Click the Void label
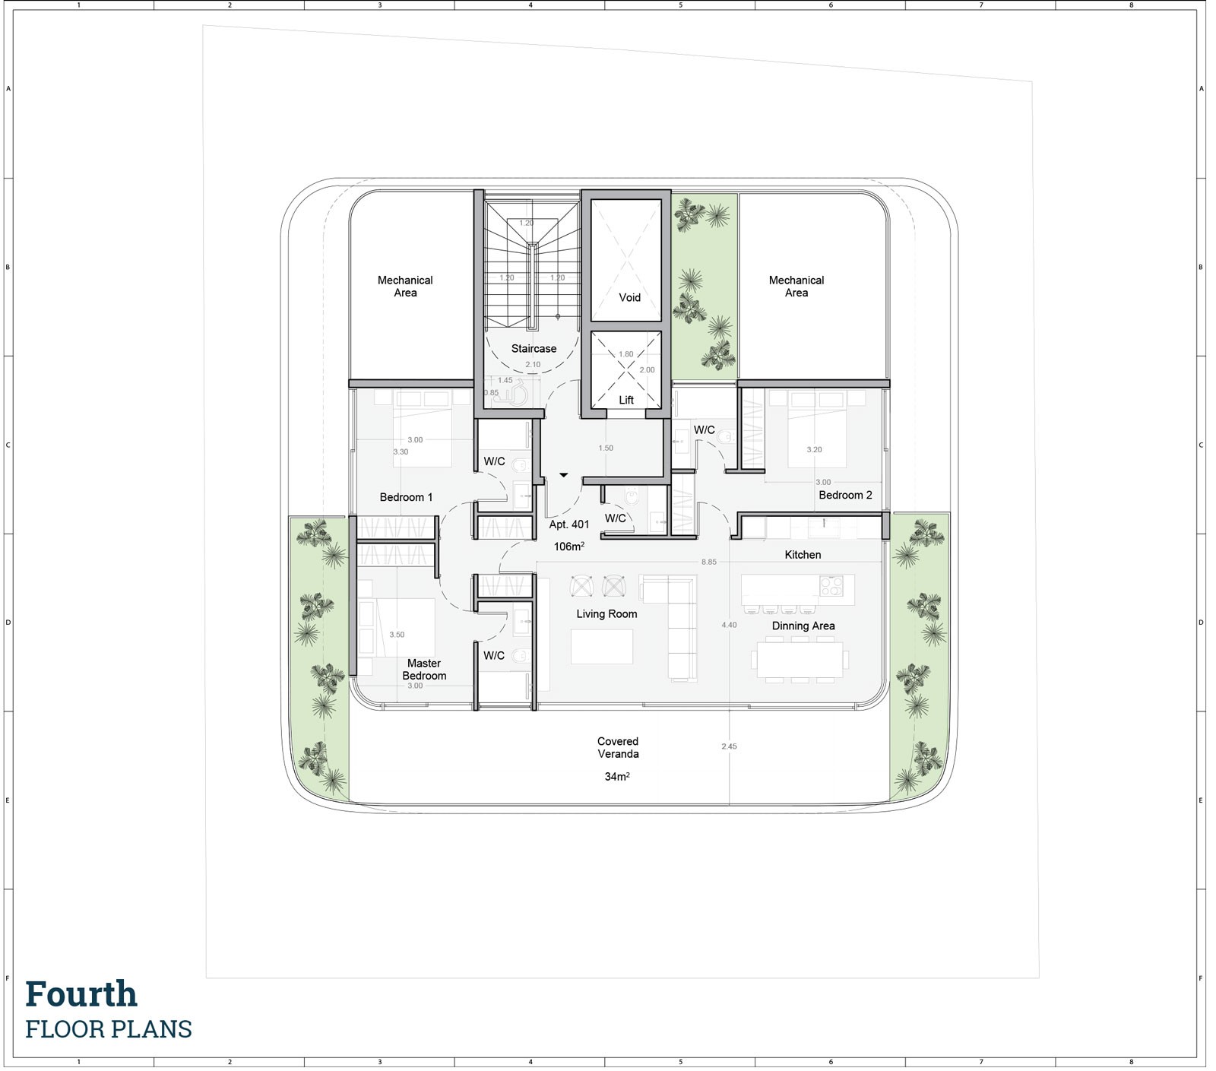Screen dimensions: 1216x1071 (x=629, y=297)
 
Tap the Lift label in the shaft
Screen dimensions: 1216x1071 (x=625, y=400)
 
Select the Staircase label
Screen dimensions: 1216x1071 (x=534, y=349)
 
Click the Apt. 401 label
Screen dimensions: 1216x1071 (x=569, y=524)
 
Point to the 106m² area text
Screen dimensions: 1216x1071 (x=569, y=547)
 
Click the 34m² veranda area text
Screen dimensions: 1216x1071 (x=617, y=777)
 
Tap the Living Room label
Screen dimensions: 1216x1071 (x=606, y=614)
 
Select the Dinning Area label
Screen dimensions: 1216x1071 (x=803, y=626)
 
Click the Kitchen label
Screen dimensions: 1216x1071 (x=803, y=555)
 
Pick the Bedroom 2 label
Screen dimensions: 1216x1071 (x=845, y=495)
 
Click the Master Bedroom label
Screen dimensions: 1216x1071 (x=424, y=670)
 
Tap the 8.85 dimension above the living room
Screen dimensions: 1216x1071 (x=708, y=562)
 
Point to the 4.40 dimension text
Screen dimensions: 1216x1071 (x=729, y=625)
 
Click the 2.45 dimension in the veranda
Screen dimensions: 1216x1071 (x=729, y=746)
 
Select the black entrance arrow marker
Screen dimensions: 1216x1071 (x=563, y=475)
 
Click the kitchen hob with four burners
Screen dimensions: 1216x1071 (x=831, y=585)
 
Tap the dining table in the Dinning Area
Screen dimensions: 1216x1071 (x=800, y=660)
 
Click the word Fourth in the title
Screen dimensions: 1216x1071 (x=81, y=994)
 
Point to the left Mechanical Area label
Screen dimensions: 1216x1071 (x=405, y=287)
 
